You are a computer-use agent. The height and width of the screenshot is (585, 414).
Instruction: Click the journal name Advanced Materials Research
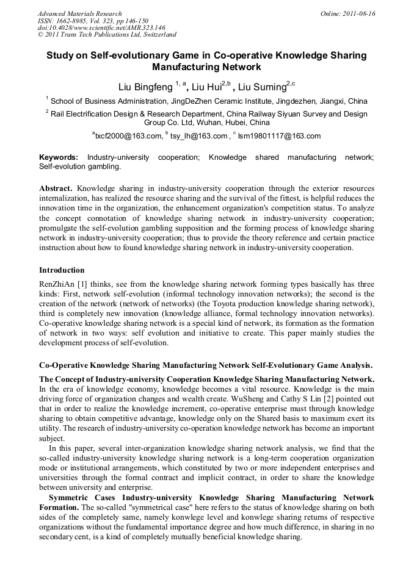click(79, 13)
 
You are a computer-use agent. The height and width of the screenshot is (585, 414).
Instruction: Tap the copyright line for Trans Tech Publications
click(107, 35)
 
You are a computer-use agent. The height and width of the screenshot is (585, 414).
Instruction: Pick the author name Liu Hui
click(205, 87)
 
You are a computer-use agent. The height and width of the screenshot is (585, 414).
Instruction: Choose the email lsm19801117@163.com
click(279, 136)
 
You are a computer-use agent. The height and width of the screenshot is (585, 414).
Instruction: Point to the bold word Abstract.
click(56, 189)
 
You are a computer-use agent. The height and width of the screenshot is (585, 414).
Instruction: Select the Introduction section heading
click(62, 270)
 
